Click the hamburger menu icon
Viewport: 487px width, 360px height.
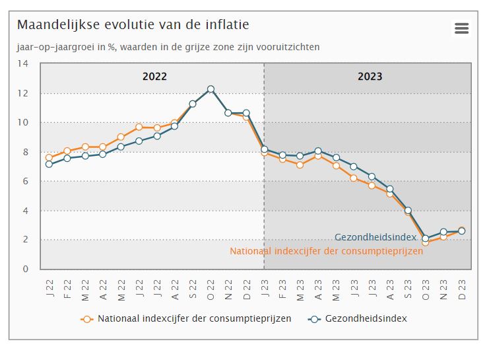click(461, 28)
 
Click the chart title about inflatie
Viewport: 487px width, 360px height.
click(133, 25)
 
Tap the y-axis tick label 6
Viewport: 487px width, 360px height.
click(25, 181)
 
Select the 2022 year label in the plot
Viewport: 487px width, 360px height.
click(154, 77)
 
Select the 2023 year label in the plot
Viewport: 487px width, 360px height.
click(370, 77)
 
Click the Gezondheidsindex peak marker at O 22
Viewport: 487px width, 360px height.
click(211, 89)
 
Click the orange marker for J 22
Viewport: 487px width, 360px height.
click(49, 158)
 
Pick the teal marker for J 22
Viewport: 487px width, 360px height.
click(49, 164)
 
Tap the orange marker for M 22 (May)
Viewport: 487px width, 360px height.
click(121, 137)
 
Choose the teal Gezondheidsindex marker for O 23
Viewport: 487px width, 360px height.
click(426, 238)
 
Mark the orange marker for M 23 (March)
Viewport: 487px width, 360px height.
click(300, 164)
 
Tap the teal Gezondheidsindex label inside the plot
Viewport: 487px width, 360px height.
click(375, 237)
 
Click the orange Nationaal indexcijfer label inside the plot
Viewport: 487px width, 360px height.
click(326, 251)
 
